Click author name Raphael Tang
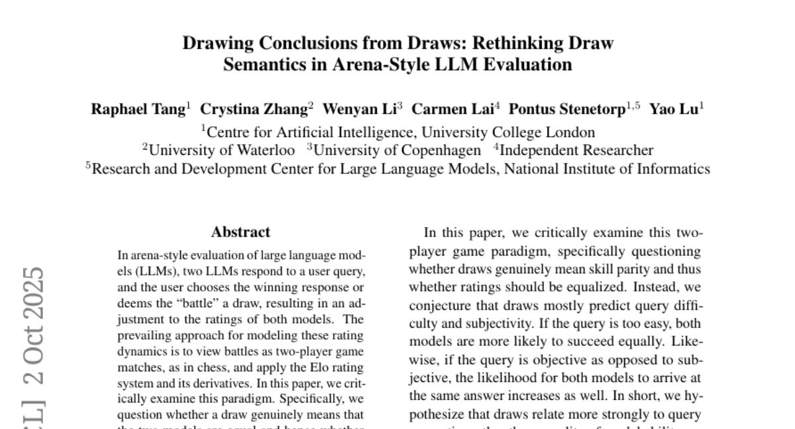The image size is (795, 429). [138, 110]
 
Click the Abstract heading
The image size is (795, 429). [240, 232]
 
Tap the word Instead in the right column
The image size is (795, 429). [652, 288]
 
